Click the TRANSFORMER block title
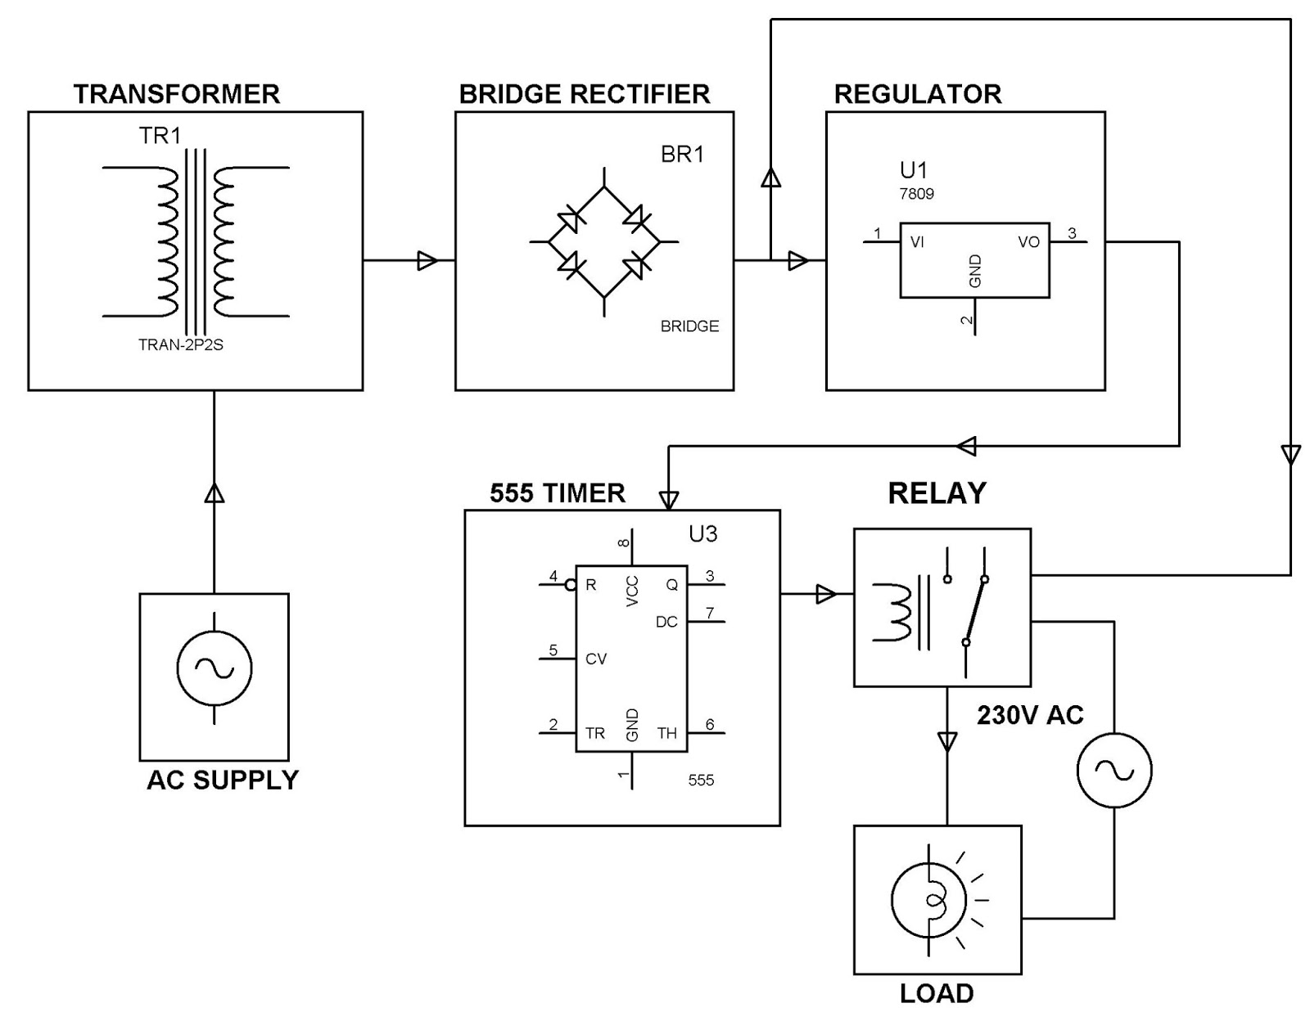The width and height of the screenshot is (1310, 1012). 177,94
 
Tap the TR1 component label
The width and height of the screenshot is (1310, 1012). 160,136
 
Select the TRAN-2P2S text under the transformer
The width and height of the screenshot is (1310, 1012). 180,345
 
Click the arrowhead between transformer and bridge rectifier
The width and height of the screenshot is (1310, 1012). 427,261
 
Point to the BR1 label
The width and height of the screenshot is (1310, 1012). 682,155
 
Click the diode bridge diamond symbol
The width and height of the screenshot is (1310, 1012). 604,242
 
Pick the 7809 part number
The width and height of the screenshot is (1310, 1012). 916,195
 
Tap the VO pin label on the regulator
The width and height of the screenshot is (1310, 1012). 1028,242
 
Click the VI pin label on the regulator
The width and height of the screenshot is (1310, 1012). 917,243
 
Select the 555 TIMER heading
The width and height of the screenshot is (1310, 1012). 558,493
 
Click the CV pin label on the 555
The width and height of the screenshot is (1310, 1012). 595,659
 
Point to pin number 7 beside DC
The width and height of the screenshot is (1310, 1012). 710,613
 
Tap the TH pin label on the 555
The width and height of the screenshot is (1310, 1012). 666,734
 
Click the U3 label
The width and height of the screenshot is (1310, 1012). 702,534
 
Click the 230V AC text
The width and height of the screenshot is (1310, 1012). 1029,716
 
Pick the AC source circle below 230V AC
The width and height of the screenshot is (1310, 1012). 1113,770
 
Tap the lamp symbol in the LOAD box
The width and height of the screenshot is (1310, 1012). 929,901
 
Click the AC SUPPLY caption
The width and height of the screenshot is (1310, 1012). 223,780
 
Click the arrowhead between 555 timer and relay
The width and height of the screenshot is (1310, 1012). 826,594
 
